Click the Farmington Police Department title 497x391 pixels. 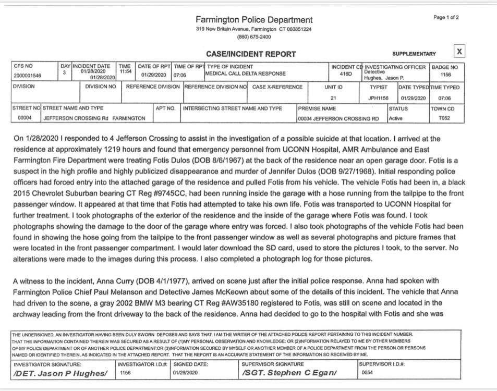click(x=254, y=20)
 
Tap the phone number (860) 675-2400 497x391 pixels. click(x=254, y=37)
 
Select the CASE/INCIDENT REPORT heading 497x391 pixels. click(x=251, y=54)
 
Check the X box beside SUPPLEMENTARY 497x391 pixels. click(x=459, y=51)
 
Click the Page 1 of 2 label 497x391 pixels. click(x=446, y=18)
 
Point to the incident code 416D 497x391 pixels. click(x=338, y=75)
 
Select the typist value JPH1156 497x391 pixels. click(x=379, y=98)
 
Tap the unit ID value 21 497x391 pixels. click(x=333, y=98)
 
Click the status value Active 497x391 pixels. click(x=396, y=118)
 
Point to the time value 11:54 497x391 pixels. click(x=125, y=71)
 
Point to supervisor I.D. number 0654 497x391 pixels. click(x=368, y=373)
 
